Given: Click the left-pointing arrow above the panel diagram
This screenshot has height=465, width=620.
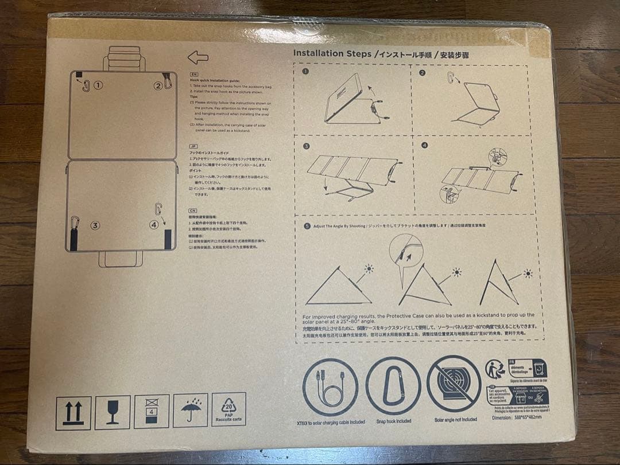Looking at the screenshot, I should coord(198,57).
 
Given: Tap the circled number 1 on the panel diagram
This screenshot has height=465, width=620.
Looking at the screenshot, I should coord(98,85).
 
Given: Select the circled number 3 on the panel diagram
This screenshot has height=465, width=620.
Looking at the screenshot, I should coord(95,225).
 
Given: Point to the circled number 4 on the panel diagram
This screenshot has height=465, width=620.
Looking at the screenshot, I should coord(154,224).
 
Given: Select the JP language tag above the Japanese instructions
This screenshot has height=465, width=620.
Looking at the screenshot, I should coord(193,146).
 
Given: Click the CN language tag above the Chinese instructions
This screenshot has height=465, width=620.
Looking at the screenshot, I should coord(193,211).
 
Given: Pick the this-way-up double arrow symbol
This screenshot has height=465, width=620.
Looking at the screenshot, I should coord(73,412).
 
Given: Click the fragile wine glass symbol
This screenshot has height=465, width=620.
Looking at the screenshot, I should coord(112,412).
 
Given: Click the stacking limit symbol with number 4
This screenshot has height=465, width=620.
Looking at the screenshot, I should coord(151,411).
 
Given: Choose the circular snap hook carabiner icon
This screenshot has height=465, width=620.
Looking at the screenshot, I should coord(393,385).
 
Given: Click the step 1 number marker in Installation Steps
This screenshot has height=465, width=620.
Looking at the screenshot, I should coord(305,72).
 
